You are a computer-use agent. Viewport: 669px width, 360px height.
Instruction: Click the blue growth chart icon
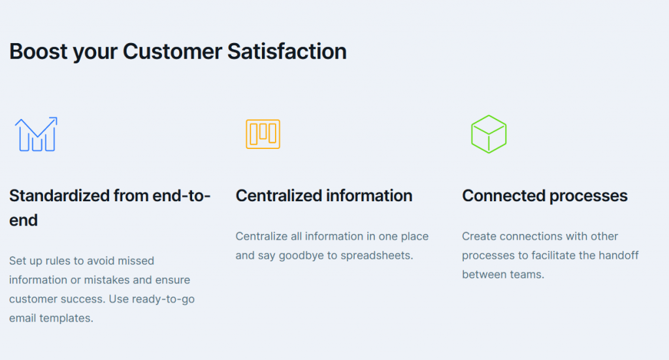coord(36,135)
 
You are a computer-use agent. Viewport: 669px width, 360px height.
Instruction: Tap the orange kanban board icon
coord(263,134)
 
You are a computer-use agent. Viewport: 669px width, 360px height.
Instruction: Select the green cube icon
coord(489,134)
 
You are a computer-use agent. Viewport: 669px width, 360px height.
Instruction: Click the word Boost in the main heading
coord(38,51)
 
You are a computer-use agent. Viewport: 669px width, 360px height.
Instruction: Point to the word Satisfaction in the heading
coord(287,51)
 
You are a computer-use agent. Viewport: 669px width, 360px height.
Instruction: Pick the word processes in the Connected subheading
coord(589,195)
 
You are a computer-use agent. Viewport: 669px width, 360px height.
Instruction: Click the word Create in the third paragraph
coord(478,237)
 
